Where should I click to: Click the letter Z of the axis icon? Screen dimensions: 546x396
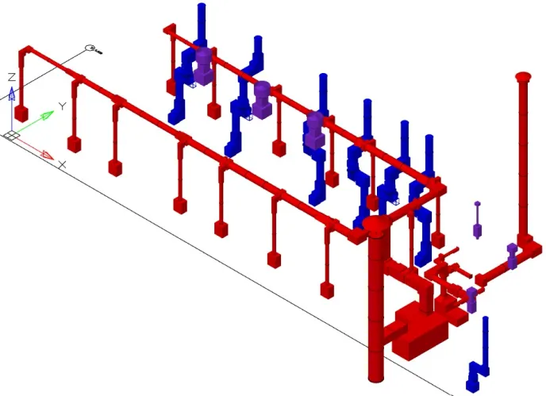click(12, 77)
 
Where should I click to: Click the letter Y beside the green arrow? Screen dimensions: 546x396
click(62, 106)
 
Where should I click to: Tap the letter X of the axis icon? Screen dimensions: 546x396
click(62, 164)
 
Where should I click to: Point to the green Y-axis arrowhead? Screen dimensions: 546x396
click(48, 114)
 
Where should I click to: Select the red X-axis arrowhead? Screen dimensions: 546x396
click(48, 156)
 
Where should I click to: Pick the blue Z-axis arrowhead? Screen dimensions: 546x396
click(12, 94)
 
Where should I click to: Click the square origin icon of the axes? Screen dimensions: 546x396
click(11, 136)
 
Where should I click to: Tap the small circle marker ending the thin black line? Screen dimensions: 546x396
click(90, 48)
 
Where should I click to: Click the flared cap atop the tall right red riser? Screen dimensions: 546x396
click(523, 76)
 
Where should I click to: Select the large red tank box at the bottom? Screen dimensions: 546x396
click(421, 331)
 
